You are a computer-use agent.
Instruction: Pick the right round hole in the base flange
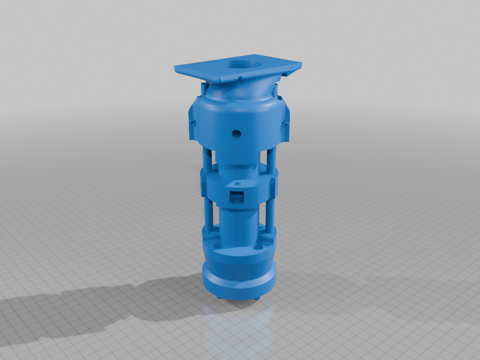(x=258, y=247)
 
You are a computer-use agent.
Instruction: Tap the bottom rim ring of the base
(x=239, y=282)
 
